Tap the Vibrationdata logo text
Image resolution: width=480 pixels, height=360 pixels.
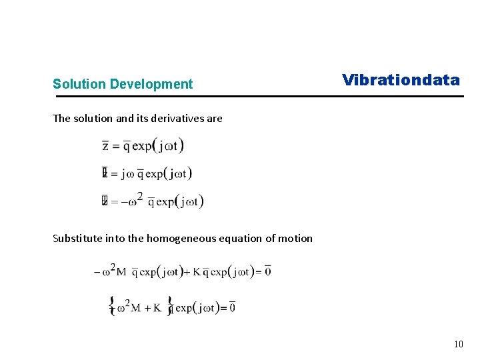(x=401, y=81)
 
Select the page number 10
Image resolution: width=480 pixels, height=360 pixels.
(x=458, y=344)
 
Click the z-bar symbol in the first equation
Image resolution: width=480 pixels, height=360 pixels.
(x=105, y=146)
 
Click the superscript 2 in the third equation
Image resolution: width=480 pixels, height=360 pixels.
(x=140, y=195)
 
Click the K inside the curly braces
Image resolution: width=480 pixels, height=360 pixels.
(x=157, y=307)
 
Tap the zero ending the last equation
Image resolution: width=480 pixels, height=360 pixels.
(x=231, y=307)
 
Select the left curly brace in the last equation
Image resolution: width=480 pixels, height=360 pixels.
(x=111, y=306)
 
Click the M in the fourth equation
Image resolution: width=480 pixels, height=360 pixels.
(x=121, y=272)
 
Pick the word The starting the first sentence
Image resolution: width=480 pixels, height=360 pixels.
(x=61, y=119)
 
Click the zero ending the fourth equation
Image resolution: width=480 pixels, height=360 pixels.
(x=267, y=271)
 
